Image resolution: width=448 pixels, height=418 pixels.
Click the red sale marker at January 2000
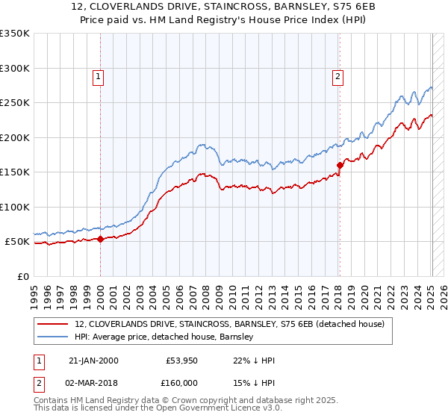click(101, 240)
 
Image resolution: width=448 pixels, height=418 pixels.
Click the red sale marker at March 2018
click(340, 166)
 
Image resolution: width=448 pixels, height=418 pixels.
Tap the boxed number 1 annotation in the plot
click(99, 75)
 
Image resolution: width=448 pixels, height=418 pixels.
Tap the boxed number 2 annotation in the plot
click(337, 75)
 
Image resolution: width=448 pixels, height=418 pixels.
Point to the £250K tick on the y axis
click(14, 103)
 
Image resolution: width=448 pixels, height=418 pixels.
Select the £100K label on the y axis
click(14, 207)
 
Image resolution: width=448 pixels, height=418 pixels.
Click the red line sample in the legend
click(54, 324)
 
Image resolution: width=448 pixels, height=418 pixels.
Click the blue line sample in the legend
click(54, 337)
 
